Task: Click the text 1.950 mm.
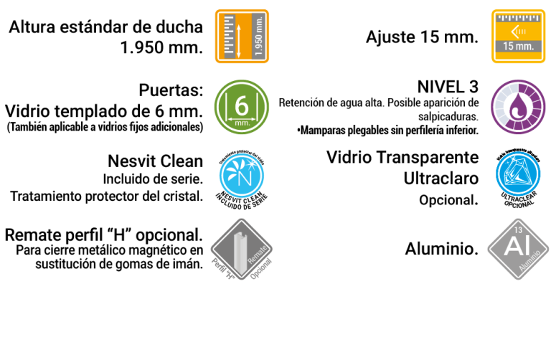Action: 259,37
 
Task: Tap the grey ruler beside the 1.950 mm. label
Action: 229,36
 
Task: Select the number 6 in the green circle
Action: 242,105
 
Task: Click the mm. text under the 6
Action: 242,123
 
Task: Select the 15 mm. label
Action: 518,47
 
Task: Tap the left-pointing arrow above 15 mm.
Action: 516,31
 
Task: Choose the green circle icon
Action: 242,107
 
